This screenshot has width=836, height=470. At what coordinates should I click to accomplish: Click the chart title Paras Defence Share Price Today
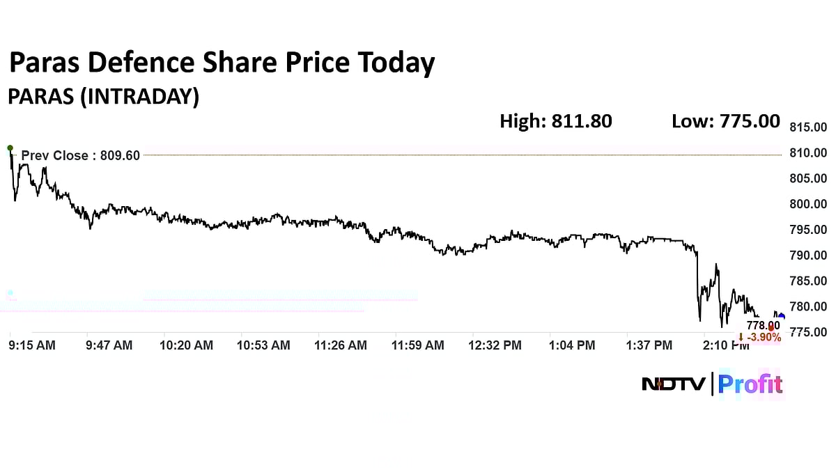(x=222, y=63)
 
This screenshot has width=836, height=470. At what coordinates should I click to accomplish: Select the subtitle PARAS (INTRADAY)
(x=103, y=97)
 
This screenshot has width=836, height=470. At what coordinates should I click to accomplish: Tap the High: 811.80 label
(x=556, y=121)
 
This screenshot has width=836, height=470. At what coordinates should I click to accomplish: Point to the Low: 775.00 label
(x=725, y=121)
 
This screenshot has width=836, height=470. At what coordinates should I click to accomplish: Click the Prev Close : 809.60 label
(x=81, y=155)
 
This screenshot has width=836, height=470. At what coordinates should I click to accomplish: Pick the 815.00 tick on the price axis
(x=808, y=127)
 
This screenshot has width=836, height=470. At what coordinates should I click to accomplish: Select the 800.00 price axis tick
(x=808, y=204)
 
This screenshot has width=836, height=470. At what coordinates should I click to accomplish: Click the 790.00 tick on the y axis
(x=808, y=256)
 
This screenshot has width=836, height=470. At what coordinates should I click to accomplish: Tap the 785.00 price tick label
(x=808, y=281)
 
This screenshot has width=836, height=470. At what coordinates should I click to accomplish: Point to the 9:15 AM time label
(x=31, y=345)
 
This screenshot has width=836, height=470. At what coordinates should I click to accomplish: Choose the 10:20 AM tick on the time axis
(x=187, y=345)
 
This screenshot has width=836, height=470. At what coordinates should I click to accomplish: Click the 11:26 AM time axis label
(x=341, y=345)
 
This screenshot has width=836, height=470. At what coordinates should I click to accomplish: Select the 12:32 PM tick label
(x=495, y=345)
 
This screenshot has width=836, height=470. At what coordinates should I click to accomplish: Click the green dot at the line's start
(x=10, y=148)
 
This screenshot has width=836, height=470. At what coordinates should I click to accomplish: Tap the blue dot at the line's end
(x=781, y=317)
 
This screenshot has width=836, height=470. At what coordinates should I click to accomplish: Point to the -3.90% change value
(x=763, y=338)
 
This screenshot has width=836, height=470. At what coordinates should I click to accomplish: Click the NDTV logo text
(x=674, y=384)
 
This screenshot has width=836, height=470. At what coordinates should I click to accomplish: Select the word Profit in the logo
(x=750, y=384)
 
